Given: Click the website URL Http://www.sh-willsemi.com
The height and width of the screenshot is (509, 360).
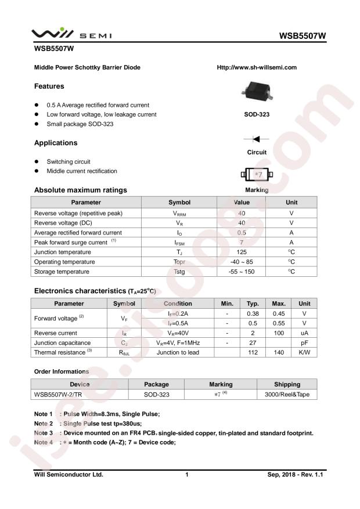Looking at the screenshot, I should [256, 67].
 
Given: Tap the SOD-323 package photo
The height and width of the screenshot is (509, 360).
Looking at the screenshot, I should [256, 91].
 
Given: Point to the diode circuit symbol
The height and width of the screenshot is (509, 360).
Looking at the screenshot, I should [256, 139].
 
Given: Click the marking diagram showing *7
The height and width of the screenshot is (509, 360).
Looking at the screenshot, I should [256, 174].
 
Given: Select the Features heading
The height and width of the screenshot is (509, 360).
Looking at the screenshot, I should [49, 86].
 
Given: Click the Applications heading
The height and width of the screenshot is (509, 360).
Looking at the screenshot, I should [56, 143].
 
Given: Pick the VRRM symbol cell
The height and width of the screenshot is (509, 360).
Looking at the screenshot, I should [179, 214].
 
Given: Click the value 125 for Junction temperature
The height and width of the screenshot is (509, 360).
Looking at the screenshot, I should [242, 252].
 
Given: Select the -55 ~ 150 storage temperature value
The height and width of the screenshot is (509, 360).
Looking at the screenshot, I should [242, 272].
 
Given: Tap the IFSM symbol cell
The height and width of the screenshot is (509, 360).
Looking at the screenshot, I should [179, 243].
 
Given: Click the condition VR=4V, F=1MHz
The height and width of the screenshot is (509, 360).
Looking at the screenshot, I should [178, 342].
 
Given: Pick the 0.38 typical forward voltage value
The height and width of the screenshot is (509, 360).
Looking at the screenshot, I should [253, 313].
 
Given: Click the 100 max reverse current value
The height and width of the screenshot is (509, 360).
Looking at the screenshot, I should [278, 333].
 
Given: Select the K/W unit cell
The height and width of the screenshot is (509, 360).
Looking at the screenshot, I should [304, 352].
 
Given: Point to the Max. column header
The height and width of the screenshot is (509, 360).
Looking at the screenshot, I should [278, 304].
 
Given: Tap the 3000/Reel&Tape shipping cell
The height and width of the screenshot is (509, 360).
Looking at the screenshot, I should [287, 395].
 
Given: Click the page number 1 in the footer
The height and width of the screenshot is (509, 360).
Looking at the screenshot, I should [187, 475].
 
